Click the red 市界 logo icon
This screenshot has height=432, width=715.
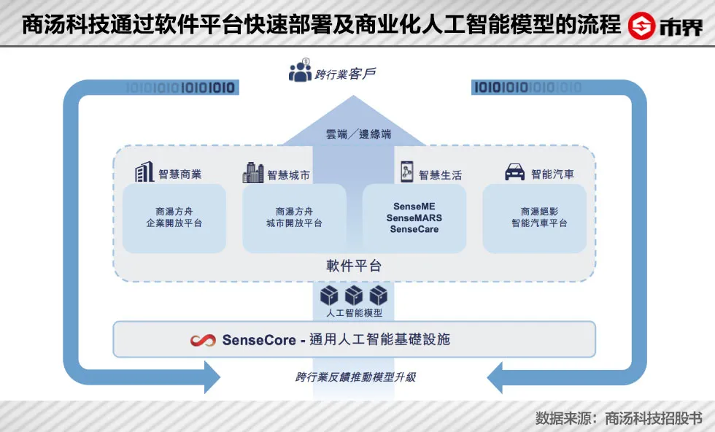point(642,26)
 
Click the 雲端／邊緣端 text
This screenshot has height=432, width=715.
point(357,134)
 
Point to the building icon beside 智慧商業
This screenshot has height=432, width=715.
point(144,173)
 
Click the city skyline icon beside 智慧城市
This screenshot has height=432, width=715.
point(252,173)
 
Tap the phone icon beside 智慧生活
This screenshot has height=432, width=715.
point(406,173)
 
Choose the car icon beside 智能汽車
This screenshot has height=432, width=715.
point(515,173)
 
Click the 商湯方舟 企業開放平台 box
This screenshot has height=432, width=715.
point(174,217)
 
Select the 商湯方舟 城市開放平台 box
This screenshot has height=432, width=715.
point(294,217)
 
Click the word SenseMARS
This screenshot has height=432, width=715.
point(414,218)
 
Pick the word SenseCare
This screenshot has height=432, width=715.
point(414,229)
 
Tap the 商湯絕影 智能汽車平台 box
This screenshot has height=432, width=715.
point(535,217)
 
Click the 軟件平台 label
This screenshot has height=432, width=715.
point(354,266)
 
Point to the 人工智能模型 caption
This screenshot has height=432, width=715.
point(354,313)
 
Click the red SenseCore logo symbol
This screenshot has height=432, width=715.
point(202,340)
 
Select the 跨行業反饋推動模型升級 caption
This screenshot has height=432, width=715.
point(356,377)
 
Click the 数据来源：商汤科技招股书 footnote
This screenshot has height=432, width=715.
point(619,418)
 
